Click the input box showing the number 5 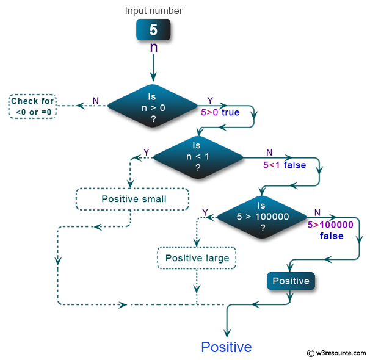tap(153, 29)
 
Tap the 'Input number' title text tap(154, 10)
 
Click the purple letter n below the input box tap(154, 47)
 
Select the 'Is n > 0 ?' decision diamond tap(153, 106)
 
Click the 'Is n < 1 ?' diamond tap(198, 157)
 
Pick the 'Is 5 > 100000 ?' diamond tap(262, 217)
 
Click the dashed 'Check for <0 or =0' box tap(32, 106)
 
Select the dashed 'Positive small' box tap(132, 199)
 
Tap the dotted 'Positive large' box tap(197, 258)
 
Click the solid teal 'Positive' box tap(291, 281)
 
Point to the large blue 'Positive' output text tap(227, 347)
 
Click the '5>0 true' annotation tap(220, 112)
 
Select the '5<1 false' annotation tap(285, 165)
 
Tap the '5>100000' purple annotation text tap(330, 225)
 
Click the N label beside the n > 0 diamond tap(96, 101)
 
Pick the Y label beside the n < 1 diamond tap(147, 153)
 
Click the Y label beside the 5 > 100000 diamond tap(205, 212)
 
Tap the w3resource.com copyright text tap(337, 353)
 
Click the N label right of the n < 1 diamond tap(269, 153)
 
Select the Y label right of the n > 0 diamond tap(210, 101)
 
